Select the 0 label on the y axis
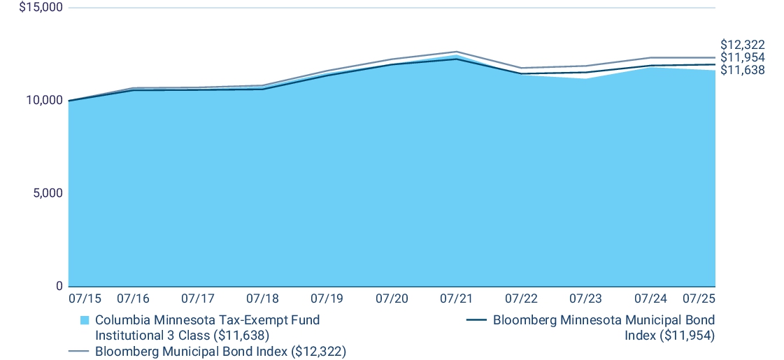click(x=59, y=286)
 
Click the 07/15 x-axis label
click(x=85, y=298)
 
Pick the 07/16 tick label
click(x=133, y=298)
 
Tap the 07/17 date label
click(x=197, y=298)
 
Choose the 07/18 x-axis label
click(x=262, y=298)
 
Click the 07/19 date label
click(x=327, y=298)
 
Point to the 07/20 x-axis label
click(x=392, y=298)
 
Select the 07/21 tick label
click(x=456, y=298)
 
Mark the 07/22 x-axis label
click(x=521, y=298)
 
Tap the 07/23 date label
click(x=585, y=298)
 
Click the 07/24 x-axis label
click(x=650, y=298)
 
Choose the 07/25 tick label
click(x=699, y=298)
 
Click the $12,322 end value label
click(x=742, y=45)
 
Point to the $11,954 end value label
click(x=742, y=57)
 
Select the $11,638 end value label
click(x=742, y=70)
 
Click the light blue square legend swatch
click(x=85, y=321)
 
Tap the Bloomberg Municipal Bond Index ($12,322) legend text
click(x=220, y=351)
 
